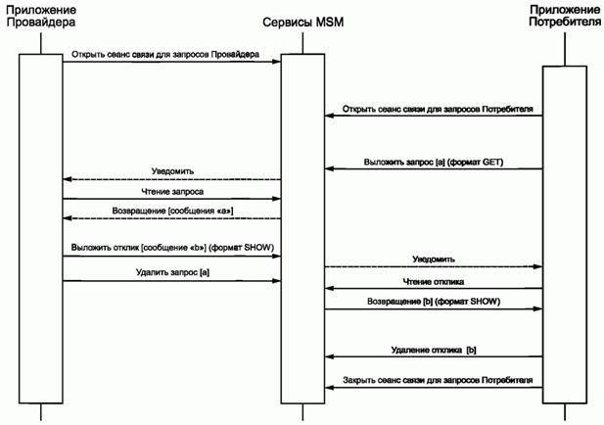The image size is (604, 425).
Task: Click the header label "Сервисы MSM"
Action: pos(302,23)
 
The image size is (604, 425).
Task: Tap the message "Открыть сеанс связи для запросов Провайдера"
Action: pos(164,55)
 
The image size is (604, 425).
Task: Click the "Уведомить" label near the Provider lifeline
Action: pos(171,171)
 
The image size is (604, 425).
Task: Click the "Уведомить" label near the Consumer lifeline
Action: pos(434,260)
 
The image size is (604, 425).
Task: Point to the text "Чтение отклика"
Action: pos(434,281)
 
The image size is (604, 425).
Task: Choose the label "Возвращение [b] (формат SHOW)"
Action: pos(434,301)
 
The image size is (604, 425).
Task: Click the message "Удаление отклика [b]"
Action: pos(434,350)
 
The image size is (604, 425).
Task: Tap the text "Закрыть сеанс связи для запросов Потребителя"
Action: pos(438,380)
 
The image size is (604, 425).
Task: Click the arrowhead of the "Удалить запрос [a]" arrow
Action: pos(277,281)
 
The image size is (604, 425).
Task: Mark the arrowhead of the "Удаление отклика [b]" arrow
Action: pos(330,357)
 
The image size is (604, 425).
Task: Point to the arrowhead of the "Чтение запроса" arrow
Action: pos(277,201)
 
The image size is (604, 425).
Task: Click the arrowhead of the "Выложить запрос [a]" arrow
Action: pos(330,169)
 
